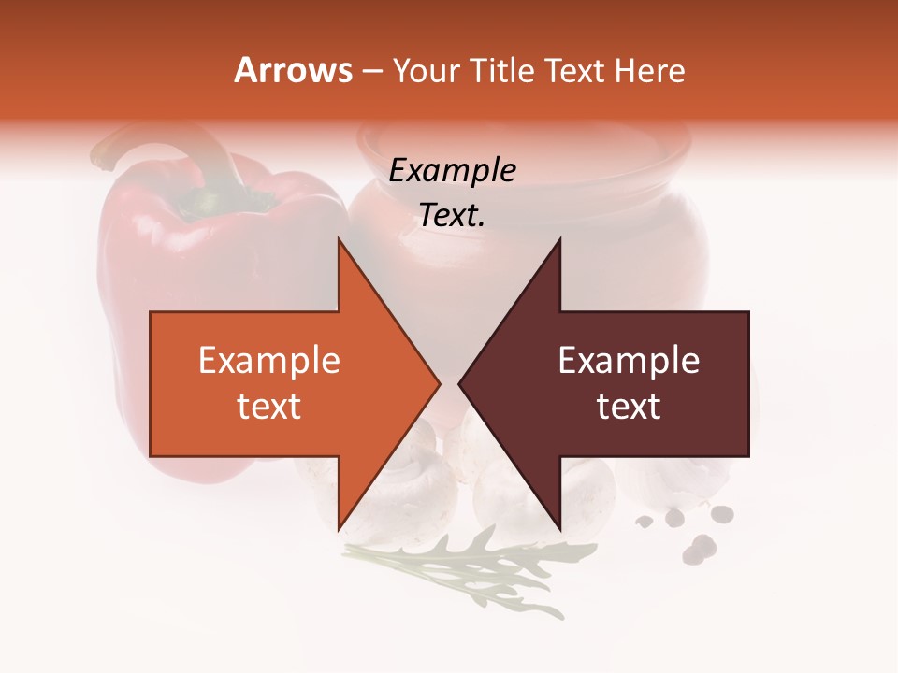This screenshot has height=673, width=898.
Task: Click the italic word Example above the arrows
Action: tap(452, 171)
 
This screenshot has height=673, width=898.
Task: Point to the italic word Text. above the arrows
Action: tap(452, 216)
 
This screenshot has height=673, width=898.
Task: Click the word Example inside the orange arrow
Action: tap(268, 361)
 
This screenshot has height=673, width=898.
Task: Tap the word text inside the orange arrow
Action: tap(268, 407)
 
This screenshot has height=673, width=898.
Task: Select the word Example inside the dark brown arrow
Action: tap(629, 361)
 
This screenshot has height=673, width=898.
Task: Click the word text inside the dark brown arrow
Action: tap(629, 407)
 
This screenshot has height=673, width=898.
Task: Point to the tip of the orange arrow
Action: tap(438, 384)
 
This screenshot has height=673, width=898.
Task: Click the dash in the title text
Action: tap(371, 71)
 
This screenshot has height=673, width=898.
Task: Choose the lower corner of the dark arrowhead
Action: tap(559, 529)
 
